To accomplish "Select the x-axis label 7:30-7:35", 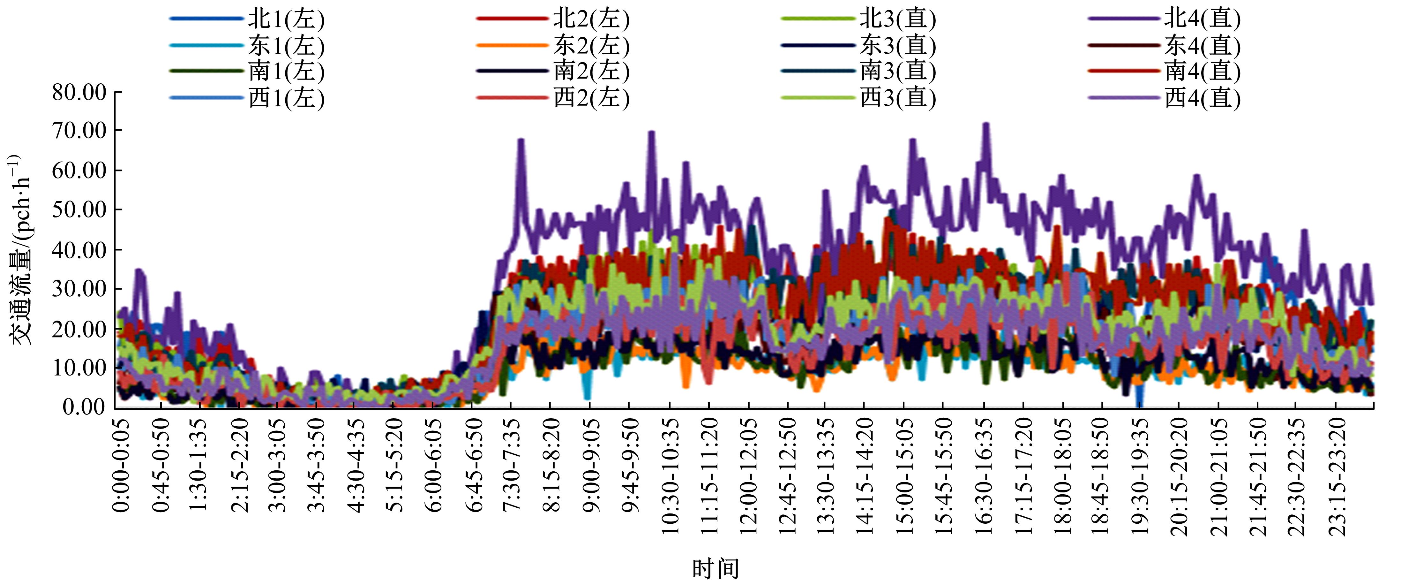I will (511, 465).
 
